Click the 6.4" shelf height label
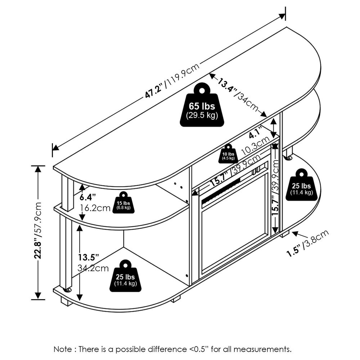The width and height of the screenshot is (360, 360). point(87,197)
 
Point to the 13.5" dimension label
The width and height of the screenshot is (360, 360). point(88,258)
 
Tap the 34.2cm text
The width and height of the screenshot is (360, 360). point(93,268)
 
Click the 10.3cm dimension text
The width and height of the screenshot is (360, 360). point(256,146)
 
